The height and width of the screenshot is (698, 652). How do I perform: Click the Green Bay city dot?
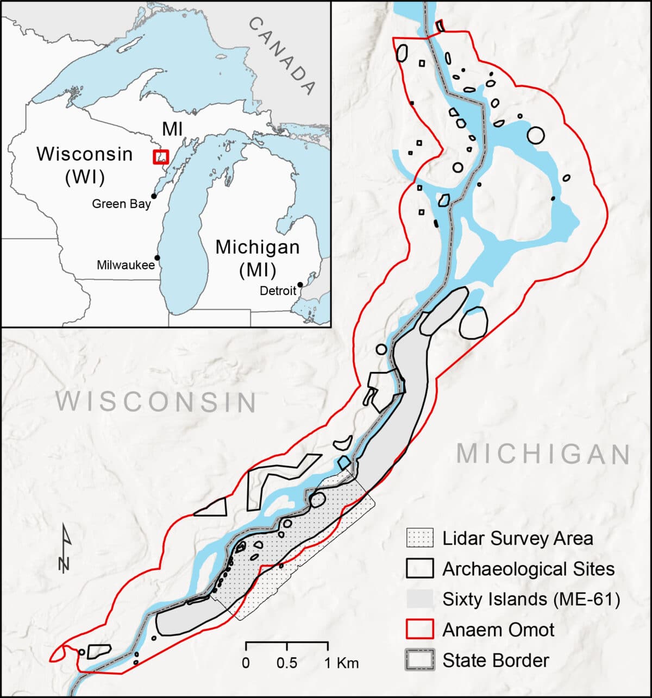coord(154,196)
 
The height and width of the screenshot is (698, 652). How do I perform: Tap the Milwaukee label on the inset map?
coord(126,266)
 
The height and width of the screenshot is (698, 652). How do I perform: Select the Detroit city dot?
coord(299,284)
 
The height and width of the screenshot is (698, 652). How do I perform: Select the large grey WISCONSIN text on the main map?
coord(157,402)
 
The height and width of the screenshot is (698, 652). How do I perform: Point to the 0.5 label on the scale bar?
coord(287,663)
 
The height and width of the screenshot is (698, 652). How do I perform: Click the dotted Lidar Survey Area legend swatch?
coord(419,538)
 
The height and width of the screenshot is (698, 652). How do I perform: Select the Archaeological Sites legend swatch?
coord(419,569)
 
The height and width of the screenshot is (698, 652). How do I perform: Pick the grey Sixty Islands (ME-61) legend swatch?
coord(419,599)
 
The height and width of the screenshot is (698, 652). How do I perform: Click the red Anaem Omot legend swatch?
coord(419,630)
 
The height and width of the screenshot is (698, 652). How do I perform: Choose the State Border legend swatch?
coord(419,661)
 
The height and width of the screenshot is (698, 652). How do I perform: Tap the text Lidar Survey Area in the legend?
coord(517,538)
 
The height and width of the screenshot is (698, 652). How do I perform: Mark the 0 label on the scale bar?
coord(246,663)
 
